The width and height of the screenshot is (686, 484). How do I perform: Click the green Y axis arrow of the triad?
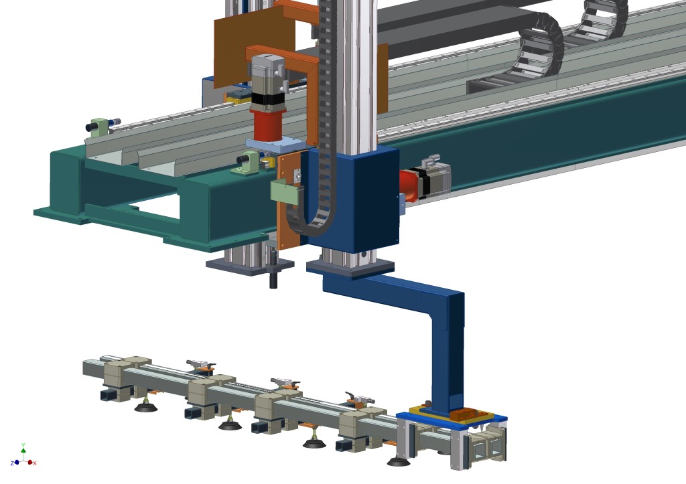tap(23, 449)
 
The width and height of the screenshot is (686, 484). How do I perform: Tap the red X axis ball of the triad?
tap(30, 462)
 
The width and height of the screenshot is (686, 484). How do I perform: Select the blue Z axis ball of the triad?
tap(17, 462)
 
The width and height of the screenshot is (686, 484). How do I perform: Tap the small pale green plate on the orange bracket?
tap(284, 191)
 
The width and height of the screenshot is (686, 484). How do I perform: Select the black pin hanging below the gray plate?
tap(273, 273)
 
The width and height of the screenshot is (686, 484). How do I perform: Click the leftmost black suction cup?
tap(146, 408)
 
